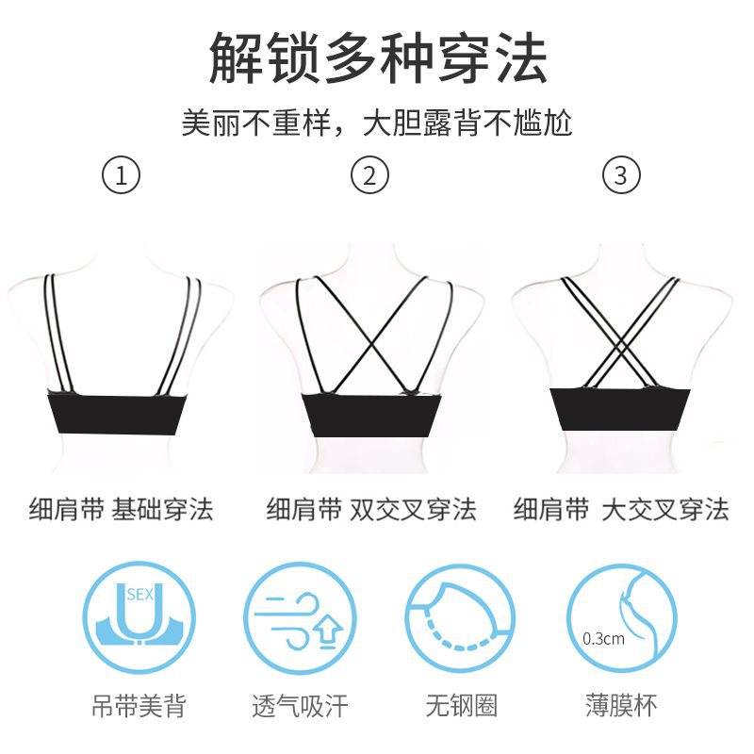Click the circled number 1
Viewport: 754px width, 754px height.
[122, 174]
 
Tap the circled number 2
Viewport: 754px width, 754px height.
[369, 174]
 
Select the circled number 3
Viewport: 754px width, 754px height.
[621, 174]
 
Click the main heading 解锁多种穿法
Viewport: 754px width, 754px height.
[378, 57]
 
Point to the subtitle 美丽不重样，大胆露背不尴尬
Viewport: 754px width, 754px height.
[376, 123]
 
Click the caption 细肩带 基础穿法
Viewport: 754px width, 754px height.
[122, 509]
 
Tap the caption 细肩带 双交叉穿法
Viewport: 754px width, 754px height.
[371, 509]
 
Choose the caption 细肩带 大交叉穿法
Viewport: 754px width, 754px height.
[621, 509]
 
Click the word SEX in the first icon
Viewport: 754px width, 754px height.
[139, 595]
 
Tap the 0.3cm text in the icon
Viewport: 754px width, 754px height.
[603, 639]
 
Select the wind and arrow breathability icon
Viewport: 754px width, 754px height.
[300, 618]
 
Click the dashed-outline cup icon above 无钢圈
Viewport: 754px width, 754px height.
[460, 618]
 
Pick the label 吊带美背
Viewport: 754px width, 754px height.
[139, 706]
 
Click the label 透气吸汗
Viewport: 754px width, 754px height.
[300, 706]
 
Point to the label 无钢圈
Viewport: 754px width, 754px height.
[461, 706]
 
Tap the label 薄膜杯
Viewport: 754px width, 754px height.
[621, 706]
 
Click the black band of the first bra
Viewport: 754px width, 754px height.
[119, 415]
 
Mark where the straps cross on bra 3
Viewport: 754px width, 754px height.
[621, 342]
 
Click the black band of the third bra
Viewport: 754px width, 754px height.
[620, 410]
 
